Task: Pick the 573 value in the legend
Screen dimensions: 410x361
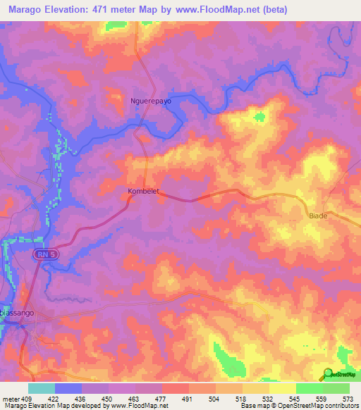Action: [x=348, y=398]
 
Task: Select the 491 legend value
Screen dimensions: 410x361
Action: [x=188, y=398]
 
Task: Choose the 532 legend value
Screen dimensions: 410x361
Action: [x=268, y=398]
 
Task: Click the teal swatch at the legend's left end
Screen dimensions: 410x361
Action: [x=42, y=388]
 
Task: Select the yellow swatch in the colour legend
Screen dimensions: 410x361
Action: [x=282, y=388]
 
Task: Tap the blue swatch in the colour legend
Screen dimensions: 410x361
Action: [x=68, y=388]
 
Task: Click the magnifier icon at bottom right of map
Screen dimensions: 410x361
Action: [x=329, y=375]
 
